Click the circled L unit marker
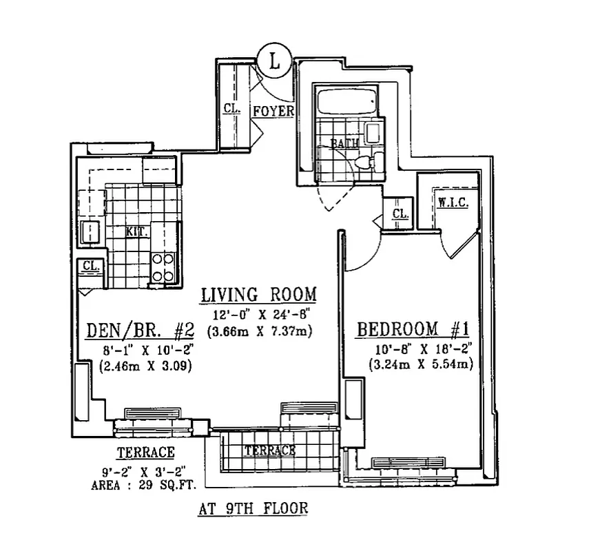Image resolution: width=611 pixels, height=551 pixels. point(274,61)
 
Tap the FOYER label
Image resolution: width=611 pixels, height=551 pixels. point(274,112)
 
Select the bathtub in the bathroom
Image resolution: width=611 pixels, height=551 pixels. point(346,101)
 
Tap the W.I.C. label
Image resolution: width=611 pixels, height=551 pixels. point(453,203)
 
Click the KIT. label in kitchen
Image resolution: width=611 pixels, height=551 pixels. point(136,232)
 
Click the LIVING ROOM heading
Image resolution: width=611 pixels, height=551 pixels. point(259,295)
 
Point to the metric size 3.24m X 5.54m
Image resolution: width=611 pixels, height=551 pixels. point(421,364)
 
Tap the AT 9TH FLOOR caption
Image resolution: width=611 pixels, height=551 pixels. point(252,510)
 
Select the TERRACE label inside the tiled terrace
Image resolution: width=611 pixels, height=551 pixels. point(270,450)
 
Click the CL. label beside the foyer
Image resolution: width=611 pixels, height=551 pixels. point(231,108)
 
